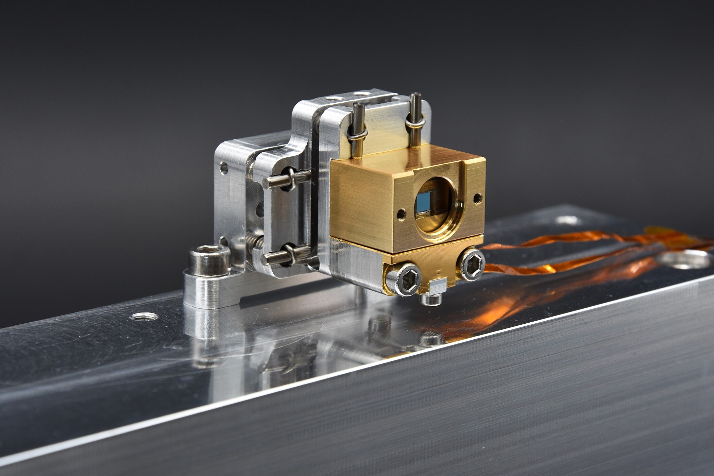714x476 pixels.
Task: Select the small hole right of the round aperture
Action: click(478, 198)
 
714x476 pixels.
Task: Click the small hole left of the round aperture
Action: click(401, 214)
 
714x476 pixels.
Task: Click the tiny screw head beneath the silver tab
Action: click(430, 299)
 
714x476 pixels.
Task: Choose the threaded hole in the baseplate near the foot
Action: click(144, 317)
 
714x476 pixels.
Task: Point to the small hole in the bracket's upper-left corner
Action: click(224, 168)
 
